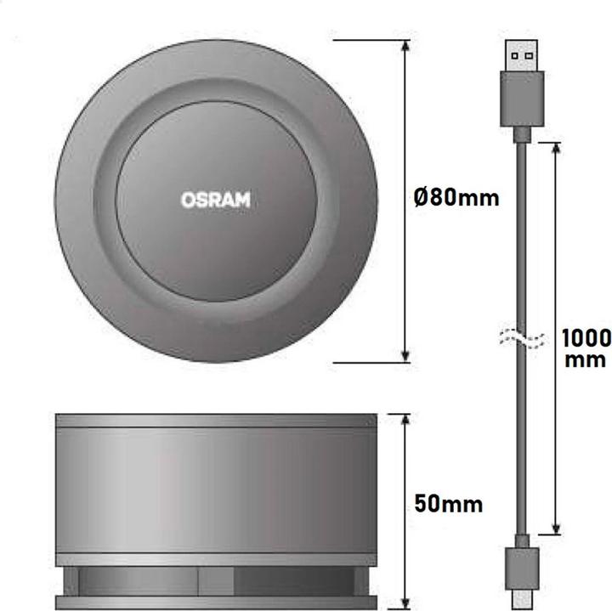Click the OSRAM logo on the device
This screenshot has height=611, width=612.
point(216,200)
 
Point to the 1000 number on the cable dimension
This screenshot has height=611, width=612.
point(586,338)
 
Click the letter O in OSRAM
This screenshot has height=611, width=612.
point(188,200)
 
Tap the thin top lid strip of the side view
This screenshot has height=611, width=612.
point(216,421)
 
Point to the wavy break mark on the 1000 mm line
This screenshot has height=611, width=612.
point(557,340)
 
